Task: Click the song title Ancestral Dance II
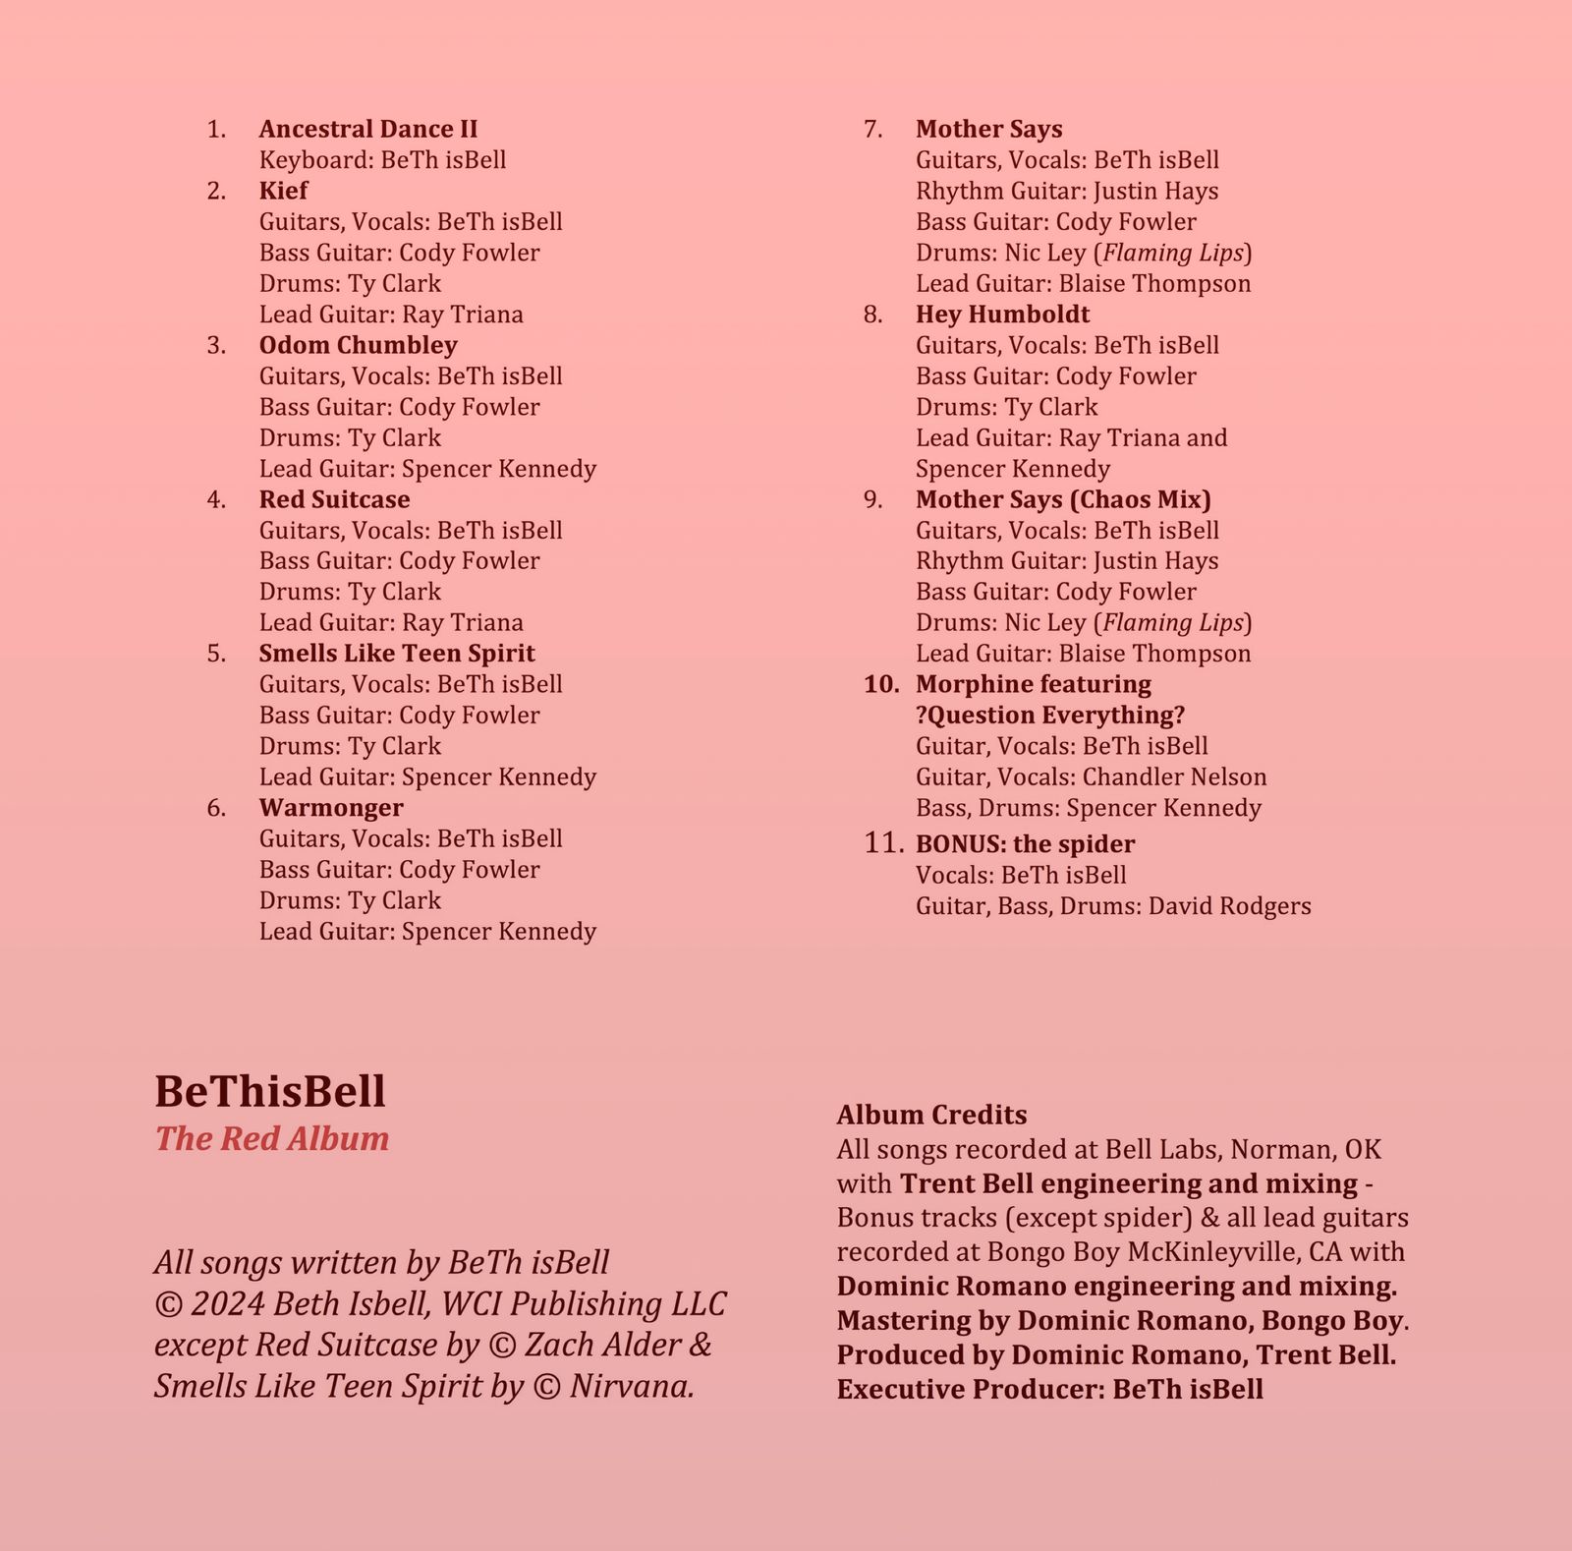pos(368,130)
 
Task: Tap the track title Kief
pos(283,191)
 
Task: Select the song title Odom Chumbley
pos(358,345)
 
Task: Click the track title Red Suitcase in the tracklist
pos(334,499)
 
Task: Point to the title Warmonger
pos(331,808)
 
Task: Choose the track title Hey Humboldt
pos(1002,315)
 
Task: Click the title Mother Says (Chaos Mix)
pos(1063,499)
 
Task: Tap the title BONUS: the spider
pos(1025,844)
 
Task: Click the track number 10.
pos(881,684)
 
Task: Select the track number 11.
pos(883,843)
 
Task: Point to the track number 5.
pos(216,654)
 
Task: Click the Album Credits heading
pos(931,1115)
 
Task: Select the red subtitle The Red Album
pos(272,1138)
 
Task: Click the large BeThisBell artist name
pos(270,1091)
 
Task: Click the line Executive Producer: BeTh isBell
pos(1049,1390)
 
